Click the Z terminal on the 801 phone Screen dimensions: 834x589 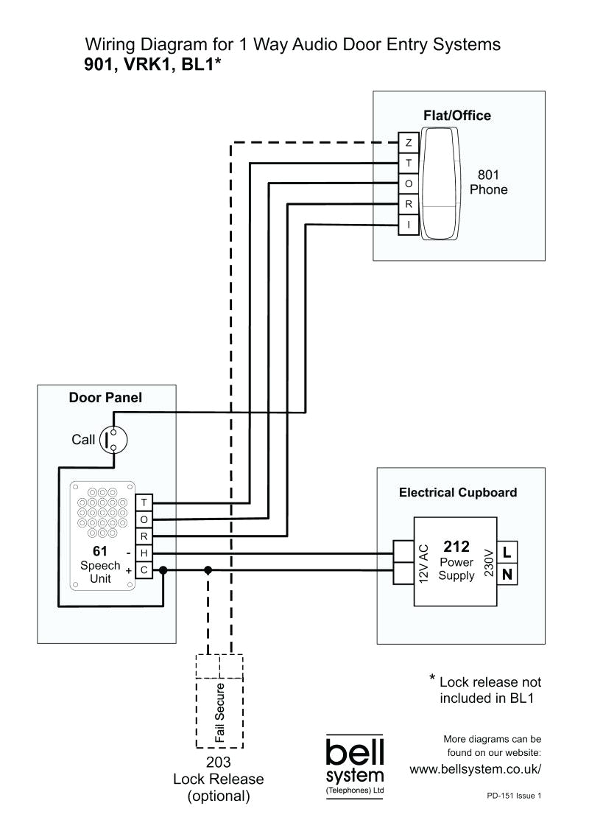point(408,142)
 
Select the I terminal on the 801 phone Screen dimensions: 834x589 point(408,225)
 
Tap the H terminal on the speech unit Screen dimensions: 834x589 point(144,553)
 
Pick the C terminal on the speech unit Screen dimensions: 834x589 point(144,570)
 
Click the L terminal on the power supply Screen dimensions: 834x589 point(508,551)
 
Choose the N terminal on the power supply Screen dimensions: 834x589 point(508,572)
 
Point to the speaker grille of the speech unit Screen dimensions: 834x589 point(103,511)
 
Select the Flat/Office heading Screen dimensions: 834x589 point(456,116)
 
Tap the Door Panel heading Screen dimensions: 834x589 point(105,398)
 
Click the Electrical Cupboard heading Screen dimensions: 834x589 point(458,492)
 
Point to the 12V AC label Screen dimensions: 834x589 point(423,564)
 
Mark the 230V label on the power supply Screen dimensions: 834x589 point(488,564)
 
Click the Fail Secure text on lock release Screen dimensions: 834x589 point(219,712)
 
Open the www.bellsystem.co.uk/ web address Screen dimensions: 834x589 point(475,769)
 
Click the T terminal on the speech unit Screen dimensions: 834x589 point(144,502)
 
